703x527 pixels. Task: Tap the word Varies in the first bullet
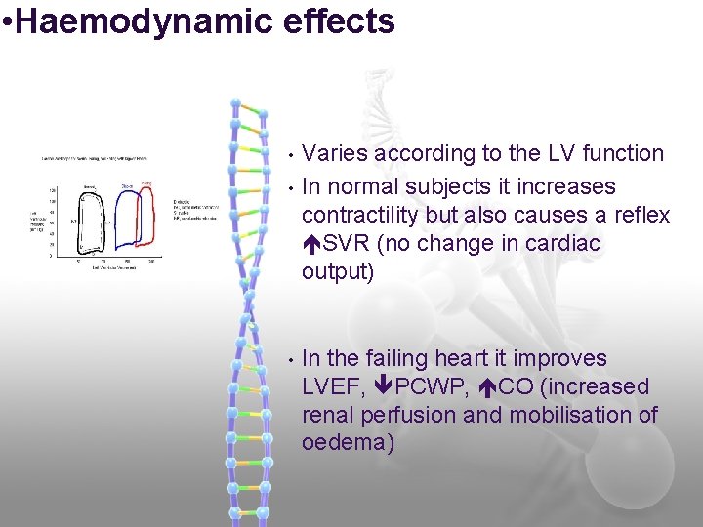(x=334, y=153)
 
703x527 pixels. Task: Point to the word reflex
(x=641, y=215)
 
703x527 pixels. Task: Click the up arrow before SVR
(x=311, y=243)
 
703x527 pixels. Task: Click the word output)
(x=338, y=271)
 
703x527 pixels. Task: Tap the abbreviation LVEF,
(x=334, y=387)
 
